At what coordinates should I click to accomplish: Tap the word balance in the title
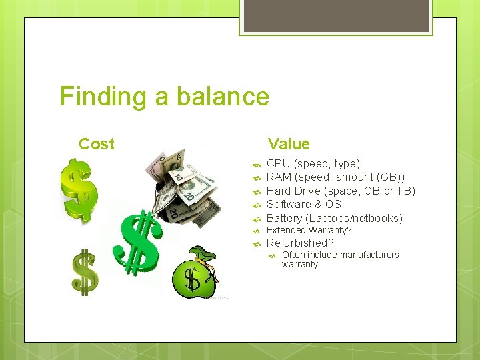point(223,97)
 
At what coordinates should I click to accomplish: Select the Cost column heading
point(96,144)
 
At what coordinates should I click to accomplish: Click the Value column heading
point(289,144)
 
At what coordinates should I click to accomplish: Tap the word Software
point(289,205)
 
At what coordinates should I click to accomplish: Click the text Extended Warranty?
point(309,231)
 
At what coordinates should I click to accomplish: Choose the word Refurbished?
point(300,243)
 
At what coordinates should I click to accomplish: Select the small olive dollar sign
point(85,271)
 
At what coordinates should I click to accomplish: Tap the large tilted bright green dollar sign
point(139,244)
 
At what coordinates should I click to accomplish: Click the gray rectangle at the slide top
point(336,15)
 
